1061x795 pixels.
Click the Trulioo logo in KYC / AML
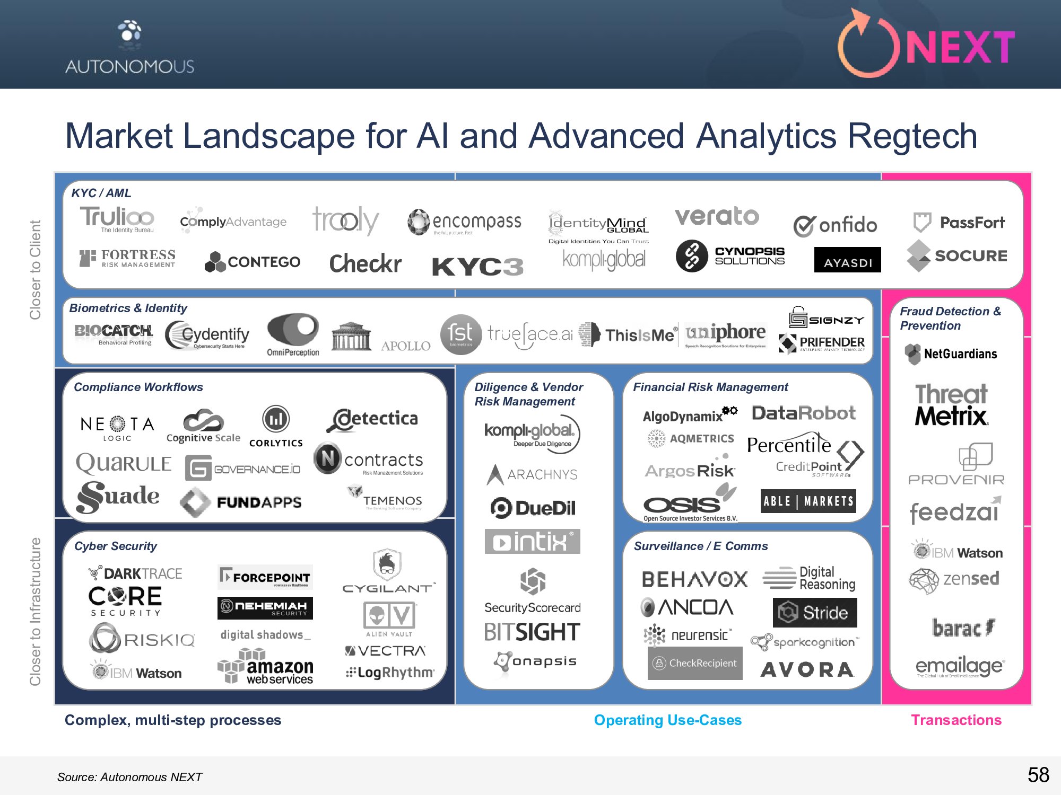click(117, 218)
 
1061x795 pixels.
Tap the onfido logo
click(836, 225)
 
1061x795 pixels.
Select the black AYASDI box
click(847, 260)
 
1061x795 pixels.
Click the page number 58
click(1038, 775)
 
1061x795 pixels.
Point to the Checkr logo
click(365, 263)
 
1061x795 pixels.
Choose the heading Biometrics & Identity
click(128, 308)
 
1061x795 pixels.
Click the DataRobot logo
click(803, 413)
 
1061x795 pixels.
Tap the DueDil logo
click(533, 508)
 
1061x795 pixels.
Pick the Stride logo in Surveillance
click(814, 613)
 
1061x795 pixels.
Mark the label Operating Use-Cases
click(667, 720)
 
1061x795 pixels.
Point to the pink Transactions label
click(956, 720)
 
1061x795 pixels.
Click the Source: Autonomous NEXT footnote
click(129, 777)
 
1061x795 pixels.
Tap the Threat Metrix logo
click(951, 405)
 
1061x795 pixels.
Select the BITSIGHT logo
click(532, 632)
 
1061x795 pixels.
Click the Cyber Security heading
click(116, 546)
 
